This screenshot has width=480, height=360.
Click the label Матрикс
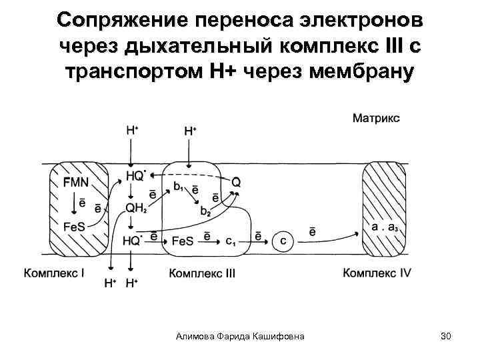pyautogui.click(x=377, y=118)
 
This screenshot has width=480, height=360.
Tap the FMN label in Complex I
pyautogui.click(x=75, y=181)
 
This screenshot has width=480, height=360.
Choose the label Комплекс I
pyautogui.click(x=55, y=273)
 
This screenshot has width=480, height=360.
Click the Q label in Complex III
pyautogui.click(x=235, y=181)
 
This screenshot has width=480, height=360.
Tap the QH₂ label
pyautogui.click(x=136, y=208)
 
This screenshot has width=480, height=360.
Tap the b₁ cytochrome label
pyautogui.click(x=178, y=187)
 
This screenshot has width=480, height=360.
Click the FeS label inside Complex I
pyautogui.click(x=74, y=225)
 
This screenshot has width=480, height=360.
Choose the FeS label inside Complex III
pyautogui.click(x=183, y=240)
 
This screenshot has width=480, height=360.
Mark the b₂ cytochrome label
pyautogui.click(x=205, y=211)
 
